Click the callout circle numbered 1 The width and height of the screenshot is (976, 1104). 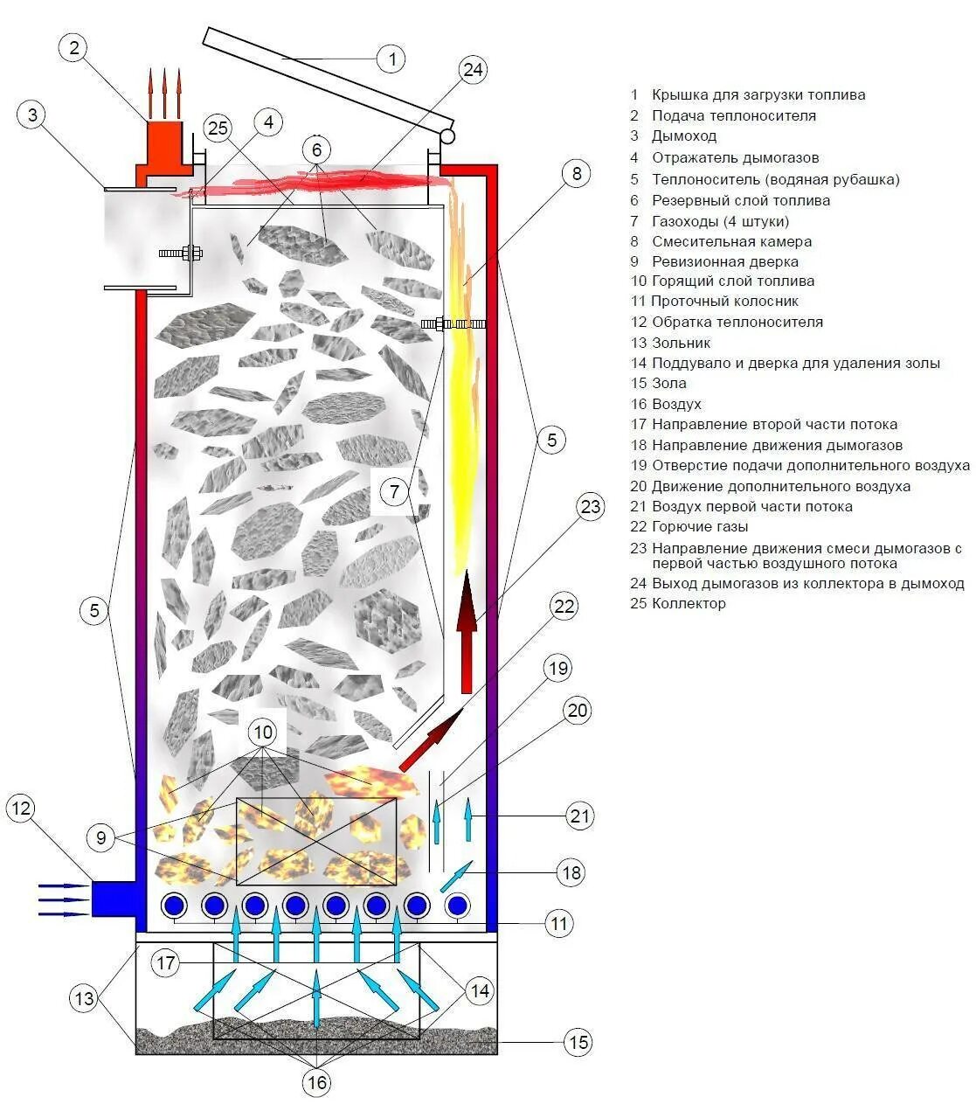[392, 59]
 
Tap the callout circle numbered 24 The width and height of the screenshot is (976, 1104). [472, 70]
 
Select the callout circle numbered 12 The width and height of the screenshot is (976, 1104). [21, 809]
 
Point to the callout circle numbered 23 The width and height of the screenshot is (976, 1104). [592, 507]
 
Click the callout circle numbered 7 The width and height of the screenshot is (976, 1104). [395, 492]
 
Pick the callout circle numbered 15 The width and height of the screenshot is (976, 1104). [578, 1041]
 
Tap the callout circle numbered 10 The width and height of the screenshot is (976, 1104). [265, 733]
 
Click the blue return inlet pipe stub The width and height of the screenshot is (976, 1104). [114, 899]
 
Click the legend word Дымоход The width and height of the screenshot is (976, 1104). [683, 136]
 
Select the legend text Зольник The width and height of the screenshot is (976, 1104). [681, 343]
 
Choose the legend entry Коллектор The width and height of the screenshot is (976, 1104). [688, 603]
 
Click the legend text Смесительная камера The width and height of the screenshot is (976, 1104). [731, 241]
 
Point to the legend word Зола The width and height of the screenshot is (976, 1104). [668, 383]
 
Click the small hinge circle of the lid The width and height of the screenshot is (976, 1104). [448, 136]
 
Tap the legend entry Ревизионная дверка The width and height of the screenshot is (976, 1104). [724, 261]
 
